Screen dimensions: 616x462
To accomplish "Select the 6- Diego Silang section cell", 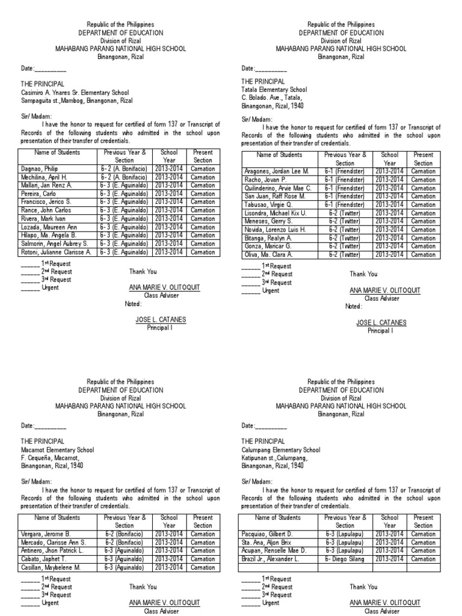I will coord(345,559).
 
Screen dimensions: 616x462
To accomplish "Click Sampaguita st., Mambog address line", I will coord(77,101).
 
